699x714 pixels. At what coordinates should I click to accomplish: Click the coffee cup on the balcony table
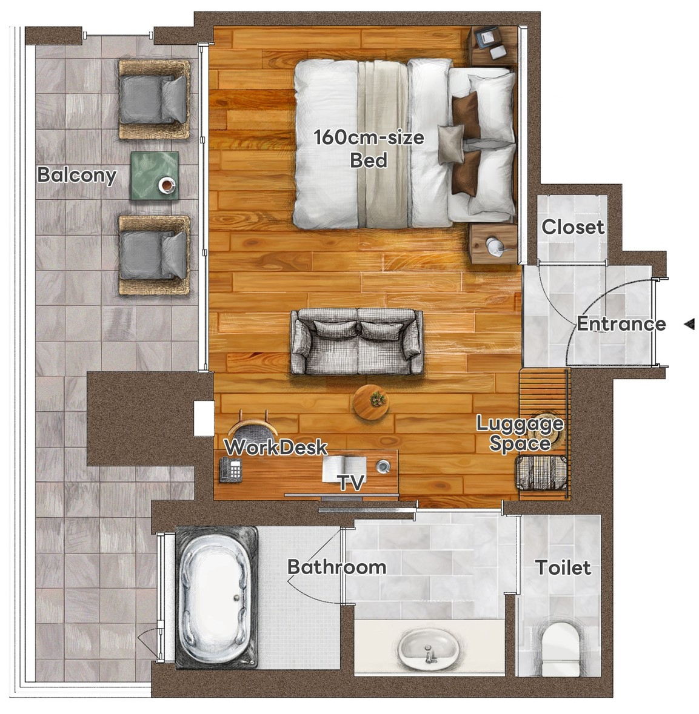pos(167,185)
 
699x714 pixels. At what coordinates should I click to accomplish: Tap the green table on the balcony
pos(155,176)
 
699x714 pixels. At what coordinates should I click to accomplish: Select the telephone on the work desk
pos(231,469)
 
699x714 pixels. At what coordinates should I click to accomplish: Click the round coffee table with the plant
pos(371,402)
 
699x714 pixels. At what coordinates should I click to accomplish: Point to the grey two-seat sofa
pos(357,342)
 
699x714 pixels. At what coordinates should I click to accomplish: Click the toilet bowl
pos(560,649)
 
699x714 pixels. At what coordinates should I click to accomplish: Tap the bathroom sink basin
pos(428,650)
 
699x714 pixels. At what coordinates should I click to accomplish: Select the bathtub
pos(216,598)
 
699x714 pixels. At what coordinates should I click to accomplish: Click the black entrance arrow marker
pos(689,324)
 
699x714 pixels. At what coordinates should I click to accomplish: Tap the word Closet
pos(573,226)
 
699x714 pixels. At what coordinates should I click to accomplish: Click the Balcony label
pos(76,175)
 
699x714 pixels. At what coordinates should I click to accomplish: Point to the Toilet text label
pos(563,567)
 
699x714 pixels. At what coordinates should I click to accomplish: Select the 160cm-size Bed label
pos(369,149)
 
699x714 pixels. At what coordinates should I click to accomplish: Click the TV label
pos(351,483)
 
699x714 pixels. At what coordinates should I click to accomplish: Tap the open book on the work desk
pos(344,469)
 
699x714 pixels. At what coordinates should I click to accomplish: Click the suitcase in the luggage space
pos(541,473)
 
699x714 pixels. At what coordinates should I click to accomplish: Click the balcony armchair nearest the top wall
pos(154,99)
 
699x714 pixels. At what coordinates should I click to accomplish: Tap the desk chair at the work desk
pos(252,428)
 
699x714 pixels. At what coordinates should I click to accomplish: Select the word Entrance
pos(621,324)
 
